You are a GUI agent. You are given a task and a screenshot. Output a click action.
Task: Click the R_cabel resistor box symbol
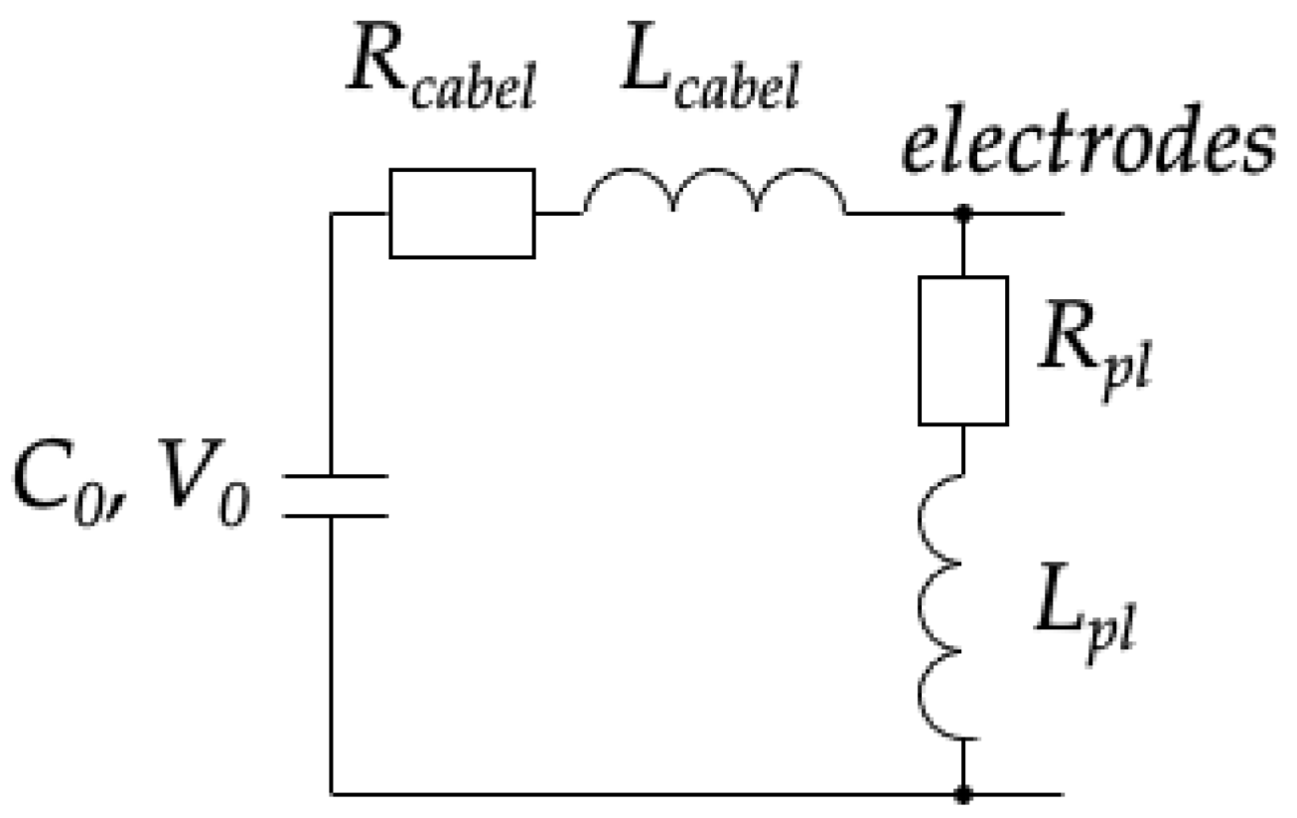pyautogui.click(x=462, y=213)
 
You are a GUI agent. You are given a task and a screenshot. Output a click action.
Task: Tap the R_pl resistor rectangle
pyautogui.click(x=962, y=350)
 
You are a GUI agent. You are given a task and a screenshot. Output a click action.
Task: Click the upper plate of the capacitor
pyautogui.click(x=332, y=478)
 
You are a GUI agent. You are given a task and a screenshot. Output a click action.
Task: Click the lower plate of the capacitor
pyautogui.click(x=332, y=516)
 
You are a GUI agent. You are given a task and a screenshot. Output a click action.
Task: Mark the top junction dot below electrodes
pyautogui.click(x=962, y=213)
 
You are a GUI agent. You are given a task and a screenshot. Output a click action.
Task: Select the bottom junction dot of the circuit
pyautogui.click(x=962, y=794)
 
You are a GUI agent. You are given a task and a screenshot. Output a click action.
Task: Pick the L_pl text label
pyautogui.click(x=1083, y=622)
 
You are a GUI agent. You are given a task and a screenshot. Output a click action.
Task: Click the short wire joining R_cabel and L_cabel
pyautogui.click(x=559, y=213)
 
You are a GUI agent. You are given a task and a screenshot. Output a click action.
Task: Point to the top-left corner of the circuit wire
pyautogui.click(x=332, y=213)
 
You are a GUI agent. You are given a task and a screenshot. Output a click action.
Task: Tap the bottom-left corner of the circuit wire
pyautogui.click(x=332, y=794)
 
